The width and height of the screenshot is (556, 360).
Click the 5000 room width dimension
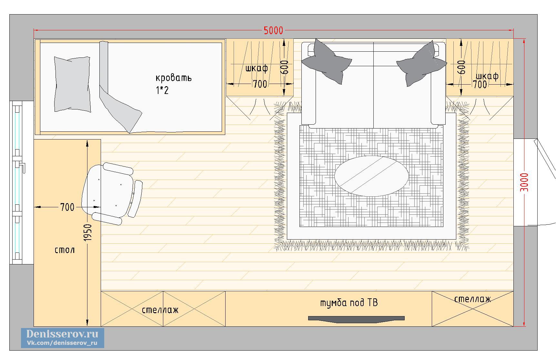pyautogui.click(x=273, y=30)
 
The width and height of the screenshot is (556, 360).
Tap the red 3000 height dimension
pyautogui.click(x=524, y=182)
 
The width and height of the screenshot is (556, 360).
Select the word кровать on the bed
pyautogui.click(x=174, y=78)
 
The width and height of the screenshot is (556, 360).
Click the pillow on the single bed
pyautogui.click(x=72, y=84)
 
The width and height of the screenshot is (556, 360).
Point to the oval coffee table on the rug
pyautogui.click(x=371, y=176)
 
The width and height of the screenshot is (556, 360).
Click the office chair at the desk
pyautogui.click(x=111, y=193)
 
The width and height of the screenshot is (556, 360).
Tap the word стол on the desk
pyautogui.click(x=65, y=250)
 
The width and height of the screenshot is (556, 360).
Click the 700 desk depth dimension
pyautogui.click(x=67, y=207)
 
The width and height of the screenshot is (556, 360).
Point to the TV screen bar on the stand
pyautogui.click(x=356, y=319)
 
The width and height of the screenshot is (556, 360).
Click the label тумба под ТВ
pyautogui.click(x=349, y=303)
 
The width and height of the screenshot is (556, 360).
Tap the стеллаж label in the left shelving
pyautogui.click(x=160, y=310)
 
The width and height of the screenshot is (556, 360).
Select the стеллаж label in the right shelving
pyautogui.click(x=472, y=299)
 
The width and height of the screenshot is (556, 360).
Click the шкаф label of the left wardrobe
pyautogui.click(x=257, y=68)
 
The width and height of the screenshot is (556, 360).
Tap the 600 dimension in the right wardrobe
pyautogui.click(x=461, y=67)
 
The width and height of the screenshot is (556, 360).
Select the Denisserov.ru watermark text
pyautogui.click(x=63, y=334)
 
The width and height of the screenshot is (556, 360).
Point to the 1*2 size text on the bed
pyautogui.click(x=162, y=90)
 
